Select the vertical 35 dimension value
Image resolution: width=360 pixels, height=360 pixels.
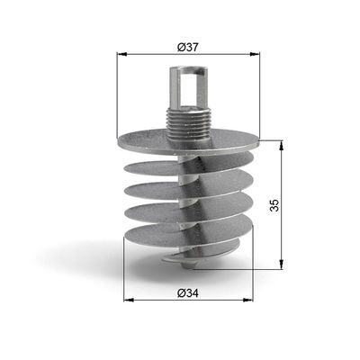(x=274, y=205)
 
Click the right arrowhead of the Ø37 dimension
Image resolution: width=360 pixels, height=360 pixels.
(x=256, y=55)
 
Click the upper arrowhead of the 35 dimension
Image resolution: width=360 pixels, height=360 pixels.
(x=282, y=145)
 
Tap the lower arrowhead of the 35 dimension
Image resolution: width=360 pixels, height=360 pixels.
(x=282, y=267)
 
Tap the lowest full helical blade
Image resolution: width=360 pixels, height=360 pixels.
(x=184, y=238)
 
